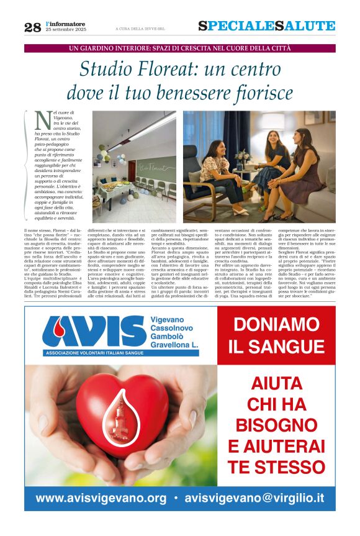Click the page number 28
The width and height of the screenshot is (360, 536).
(32, 27)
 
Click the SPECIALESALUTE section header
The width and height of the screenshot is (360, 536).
(266, 26)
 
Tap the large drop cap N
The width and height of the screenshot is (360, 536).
(43, 118)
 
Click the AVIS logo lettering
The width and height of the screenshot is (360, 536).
(94, 332)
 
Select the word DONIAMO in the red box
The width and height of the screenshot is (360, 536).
(276, 325)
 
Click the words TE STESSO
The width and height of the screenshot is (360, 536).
(276, 466)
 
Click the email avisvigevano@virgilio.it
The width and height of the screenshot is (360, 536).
(254, 498)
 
